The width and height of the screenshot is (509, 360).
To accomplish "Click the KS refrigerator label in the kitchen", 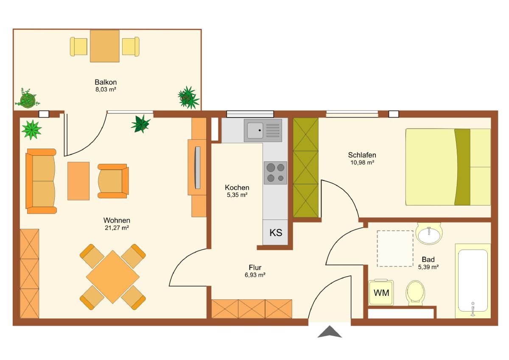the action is (x=276, y=233).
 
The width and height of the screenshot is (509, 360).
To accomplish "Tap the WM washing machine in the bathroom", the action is (x=381, y=292).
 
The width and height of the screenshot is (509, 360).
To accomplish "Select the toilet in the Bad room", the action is (x=415, y=292).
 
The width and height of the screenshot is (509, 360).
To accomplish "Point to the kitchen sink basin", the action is (x=255, y=130).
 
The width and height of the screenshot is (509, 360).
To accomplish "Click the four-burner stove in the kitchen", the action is (x=275, y=173).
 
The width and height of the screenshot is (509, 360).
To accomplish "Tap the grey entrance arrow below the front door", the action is (x=330, y=332).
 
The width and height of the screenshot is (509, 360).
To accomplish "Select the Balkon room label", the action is (x=106, y=82).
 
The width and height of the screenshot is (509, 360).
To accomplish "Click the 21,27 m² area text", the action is (x=117, y=228).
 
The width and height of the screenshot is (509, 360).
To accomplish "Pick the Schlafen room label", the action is (x=362, y=155).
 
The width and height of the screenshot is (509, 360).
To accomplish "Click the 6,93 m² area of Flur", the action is (x=255, y=275).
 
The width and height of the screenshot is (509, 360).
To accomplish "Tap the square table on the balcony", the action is (x=104, y=46).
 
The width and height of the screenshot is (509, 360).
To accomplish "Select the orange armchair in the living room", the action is (x=113, y=181).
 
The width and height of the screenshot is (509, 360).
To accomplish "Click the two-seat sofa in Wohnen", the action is (x=41, y=181).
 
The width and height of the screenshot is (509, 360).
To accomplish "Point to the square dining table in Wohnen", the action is (x=113, y=277).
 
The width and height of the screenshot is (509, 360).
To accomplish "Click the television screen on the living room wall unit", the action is (x=198, y=168).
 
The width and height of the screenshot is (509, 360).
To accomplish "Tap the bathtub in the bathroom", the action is (x=473, y=281).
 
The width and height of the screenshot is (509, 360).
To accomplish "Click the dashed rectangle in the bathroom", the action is (x=395, y=249).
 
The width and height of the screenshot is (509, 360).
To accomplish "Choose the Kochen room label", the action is (x=237, y=187).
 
